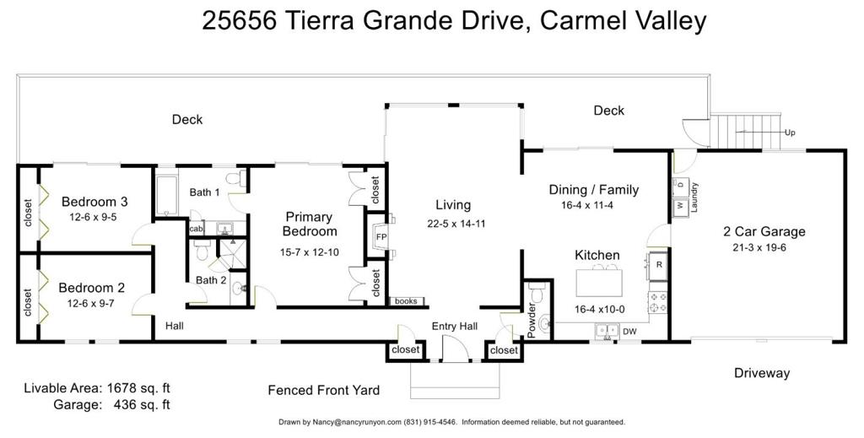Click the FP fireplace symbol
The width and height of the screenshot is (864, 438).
(381, 237)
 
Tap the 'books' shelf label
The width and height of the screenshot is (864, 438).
(406, 301)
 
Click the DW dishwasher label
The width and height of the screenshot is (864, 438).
(629, 331)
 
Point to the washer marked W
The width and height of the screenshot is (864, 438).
(679, 206)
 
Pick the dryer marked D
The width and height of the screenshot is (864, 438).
(679, 185)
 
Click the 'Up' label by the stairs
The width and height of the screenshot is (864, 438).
(790, 132)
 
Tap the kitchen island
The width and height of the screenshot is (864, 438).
(599, 283)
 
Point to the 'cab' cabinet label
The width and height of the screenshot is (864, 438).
(196, 228)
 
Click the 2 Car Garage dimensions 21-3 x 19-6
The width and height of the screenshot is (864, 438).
(759, 247)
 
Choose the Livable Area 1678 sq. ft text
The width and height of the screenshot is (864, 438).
(97, 388)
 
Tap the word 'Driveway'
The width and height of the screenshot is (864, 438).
(762, 373)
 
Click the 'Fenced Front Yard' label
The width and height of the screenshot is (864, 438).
(323, 391)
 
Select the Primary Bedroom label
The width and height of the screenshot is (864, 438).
(309, 224)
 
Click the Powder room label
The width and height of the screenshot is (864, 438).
(532, 320)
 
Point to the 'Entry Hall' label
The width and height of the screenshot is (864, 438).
(455, 326)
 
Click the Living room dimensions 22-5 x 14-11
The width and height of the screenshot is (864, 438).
(456, 224)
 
